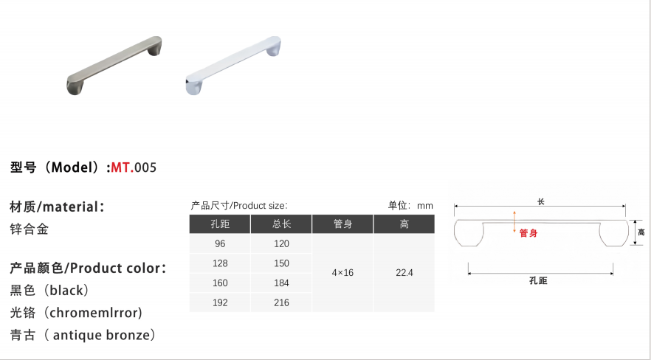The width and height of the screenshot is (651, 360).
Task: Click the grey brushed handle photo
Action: tap(114, 65)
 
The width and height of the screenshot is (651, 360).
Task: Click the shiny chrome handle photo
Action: tap(233, 65)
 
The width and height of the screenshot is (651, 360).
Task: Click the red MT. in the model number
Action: tap(123, 167)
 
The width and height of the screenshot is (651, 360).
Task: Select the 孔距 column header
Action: tap(220, 224)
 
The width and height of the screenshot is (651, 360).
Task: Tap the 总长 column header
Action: tap(281, 224)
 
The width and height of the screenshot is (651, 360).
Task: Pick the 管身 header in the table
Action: tap(342, 224)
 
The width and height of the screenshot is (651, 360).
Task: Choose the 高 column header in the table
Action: tap(404, 224)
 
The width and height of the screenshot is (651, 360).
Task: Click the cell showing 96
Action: tap(220, 244)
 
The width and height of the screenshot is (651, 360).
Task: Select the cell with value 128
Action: tap(220, 263)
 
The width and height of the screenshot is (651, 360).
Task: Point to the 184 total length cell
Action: tap(281, 283)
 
